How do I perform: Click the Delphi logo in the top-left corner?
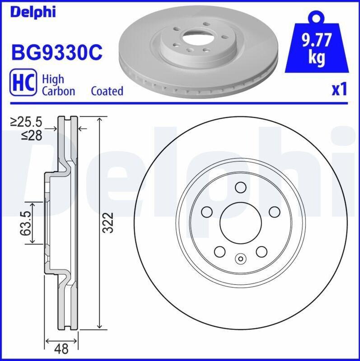tap(33, 12)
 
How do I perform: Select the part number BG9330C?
tap(57, 52)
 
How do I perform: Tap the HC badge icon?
tap(23, 82)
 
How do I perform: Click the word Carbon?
tap(59, 91)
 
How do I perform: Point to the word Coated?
tap(107, 91)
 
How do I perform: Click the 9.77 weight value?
tap(317, 40)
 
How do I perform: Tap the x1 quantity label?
tap(339, 89)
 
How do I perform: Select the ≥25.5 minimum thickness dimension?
tap(26, 122)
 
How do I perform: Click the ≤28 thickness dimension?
tap(32, 135)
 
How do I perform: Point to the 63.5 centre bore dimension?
tap(26, 223)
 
